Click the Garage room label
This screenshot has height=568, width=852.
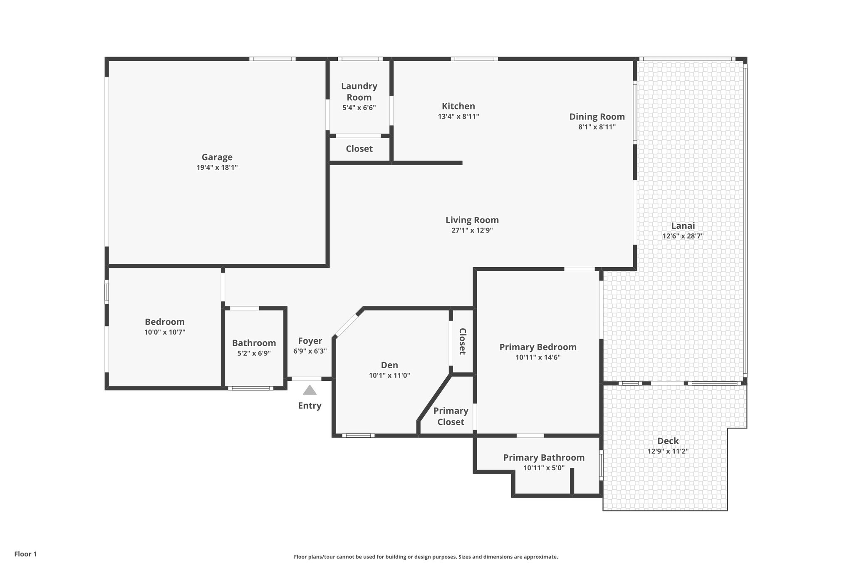pos(217,157)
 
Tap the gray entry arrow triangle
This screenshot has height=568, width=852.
pos(310,390)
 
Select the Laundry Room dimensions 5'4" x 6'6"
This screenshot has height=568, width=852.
pos(359,108)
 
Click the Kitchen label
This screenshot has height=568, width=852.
pos(458,106)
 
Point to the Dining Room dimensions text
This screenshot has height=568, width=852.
pos(597,127)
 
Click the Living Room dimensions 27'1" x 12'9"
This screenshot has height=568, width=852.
pos(472,231)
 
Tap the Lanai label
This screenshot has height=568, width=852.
pos(683,226)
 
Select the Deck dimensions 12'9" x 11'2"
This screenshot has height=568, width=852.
pos(668,451)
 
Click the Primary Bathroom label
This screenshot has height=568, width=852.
pos(544,458)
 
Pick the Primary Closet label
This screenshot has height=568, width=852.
pos(451,416)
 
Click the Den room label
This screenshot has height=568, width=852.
pos(389,365)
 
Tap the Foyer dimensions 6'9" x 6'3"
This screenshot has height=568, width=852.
pos(310,351)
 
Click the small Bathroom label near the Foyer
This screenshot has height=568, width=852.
pos(254,343)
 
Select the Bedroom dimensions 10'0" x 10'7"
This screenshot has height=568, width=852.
pos(165,332)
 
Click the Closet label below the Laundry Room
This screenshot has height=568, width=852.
pos(359,149)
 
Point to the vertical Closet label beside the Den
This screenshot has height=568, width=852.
pos(462,341)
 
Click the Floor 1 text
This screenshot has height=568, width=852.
pos(25,554)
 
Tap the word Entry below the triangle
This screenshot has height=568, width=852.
pos(310,406)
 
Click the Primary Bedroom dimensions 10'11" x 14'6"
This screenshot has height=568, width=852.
pos(538,357)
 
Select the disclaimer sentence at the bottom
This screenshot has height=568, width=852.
pos(426,557)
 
